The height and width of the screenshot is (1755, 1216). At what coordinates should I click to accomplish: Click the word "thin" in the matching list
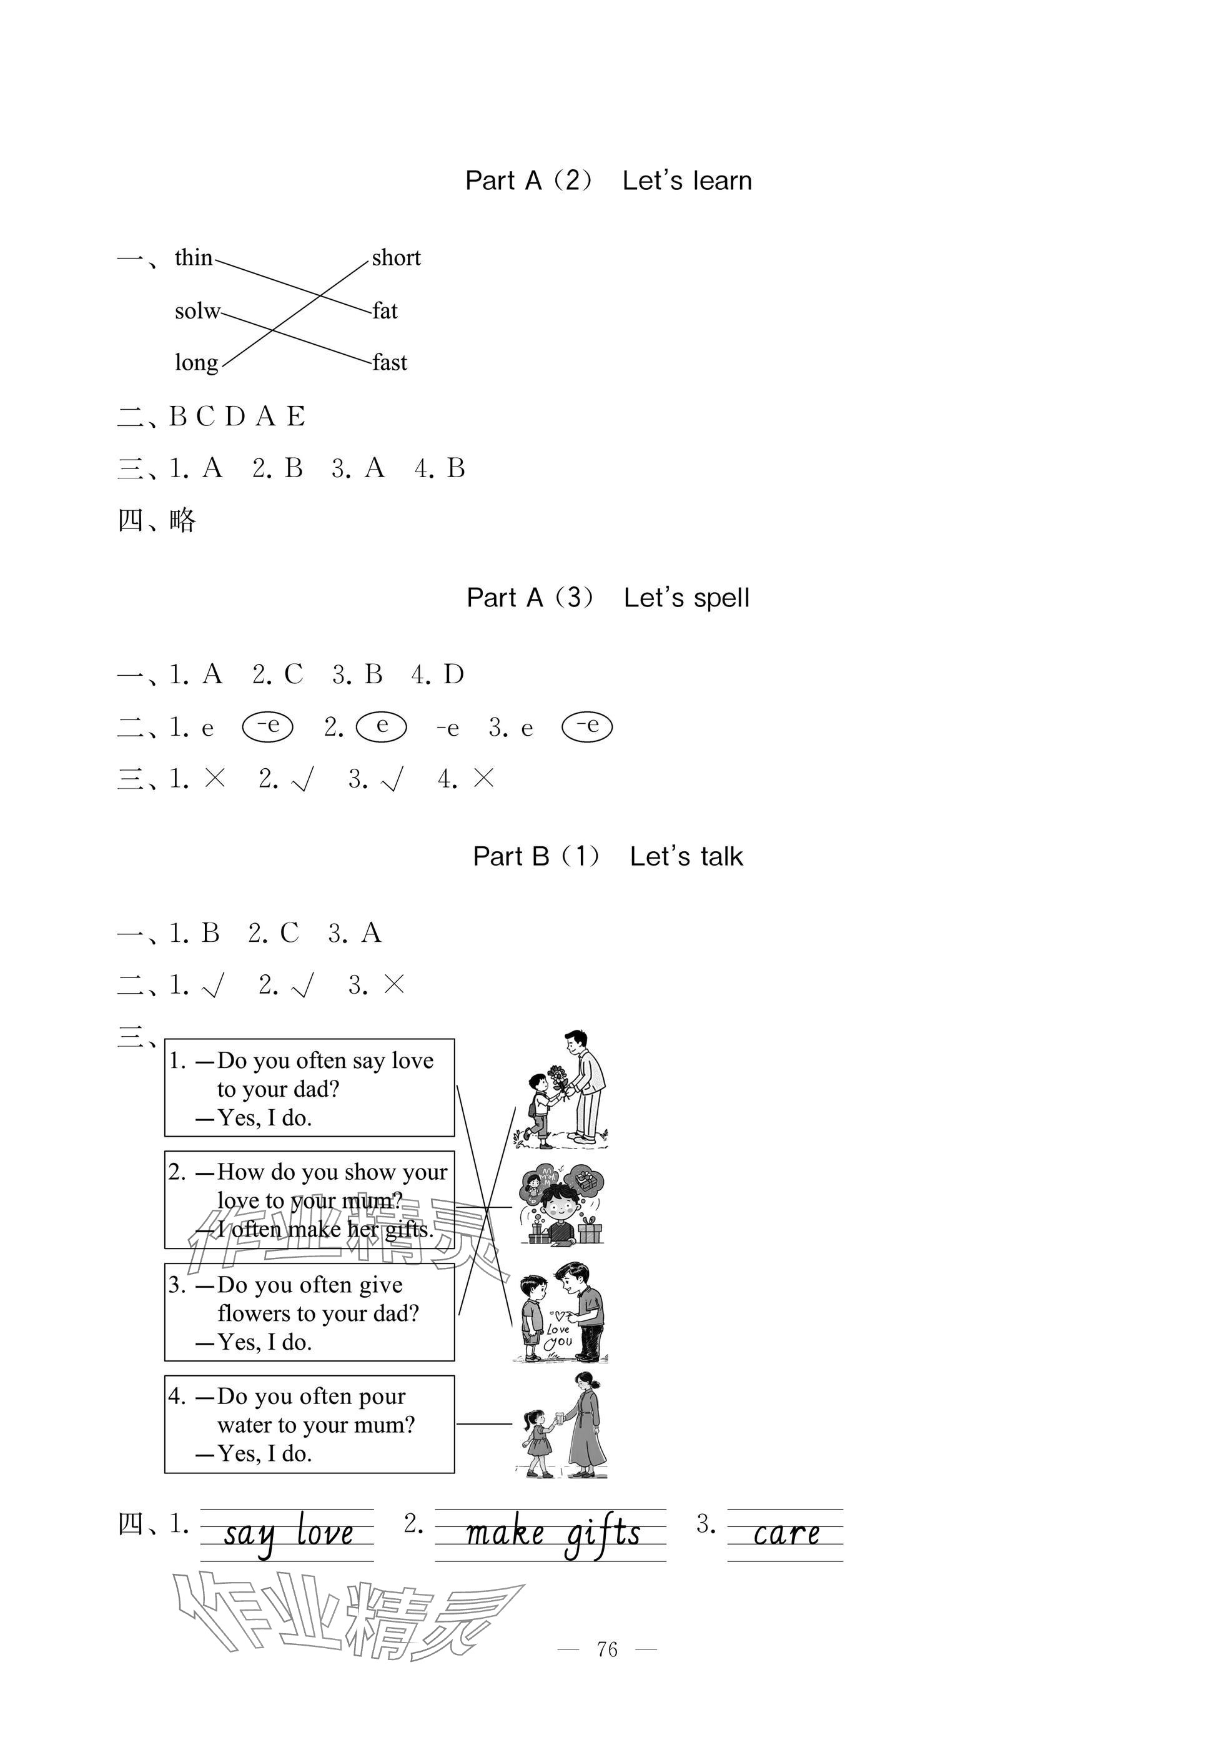194,257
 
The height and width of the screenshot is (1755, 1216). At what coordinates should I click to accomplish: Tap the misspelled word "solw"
197,311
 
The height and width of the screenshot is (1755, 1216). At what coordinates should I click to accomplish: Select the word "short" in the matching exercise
396,257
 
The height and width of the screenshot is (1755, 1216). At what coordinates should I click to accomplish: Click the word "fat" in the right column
385,311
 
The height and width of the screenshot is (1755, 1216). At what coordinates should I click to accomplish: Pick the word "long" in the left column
197,363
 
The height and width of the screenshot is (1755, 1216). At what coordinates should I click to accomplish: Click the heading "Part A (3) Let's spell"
608,598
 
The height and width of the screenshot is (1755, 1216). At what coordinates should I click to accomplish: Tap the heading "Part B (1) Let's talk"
608,856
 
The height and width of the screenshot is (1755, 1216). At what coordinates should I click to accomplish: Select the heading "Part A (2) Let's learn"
608,180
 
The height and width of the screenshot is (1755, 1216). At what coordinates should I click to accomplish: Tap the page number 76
607,1650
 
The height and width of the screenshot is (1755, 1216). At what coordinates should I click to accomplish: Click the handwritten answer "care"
786,1534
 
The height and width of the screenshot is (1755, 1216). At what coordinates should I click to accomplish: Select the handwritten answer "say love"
288,1534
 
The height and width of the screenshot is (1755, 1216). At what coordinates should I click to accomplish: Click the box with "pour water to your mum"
309,1425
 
